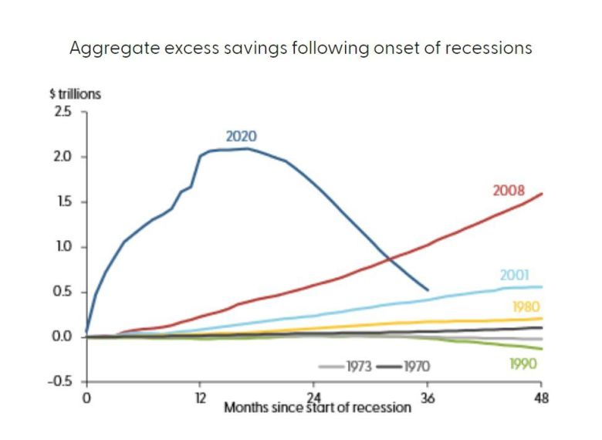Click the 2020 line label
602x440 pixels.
pos(241,136)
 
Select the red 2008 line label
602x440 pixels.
pos(509,190)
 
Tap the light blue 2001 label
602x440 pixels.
pos(515,275)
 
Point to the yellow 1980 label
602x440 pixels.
pos(525,306)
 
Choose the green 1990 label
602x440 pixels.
pos(524,364)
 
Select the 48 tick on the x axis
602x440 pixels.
pos(540,398)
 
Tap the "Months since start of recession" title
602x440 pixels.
pos(317,407)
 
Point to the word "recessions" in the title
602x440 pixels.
pos(492,47)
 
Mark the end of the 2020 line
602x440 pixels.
pos(428,291)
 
